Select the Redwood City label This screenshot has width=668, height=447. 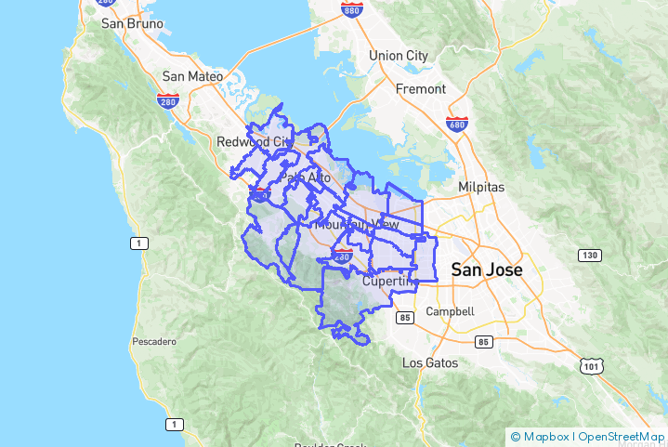[254, 142]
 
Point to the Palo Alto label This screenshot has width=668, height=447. [306, 177]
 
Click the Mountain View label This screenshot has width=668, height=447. [357, 225]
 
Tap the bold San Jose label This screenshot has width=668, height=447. [486, 270]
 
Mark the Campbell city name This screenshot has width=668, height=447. [450, 312]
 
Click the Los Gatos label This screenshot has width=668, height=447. [429, 362]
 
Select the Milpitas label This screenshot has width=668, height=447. [481, 187]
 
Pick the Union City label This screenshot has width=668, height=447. [398, 56]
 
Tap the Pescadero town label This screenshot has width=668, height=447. [154, 342]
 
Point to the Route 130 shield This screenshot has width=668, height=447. [588, 255]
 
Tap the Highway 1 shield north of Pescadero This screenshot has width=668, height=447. [138, 243]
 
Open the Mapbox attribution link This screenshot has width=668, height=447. [543, 436]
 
